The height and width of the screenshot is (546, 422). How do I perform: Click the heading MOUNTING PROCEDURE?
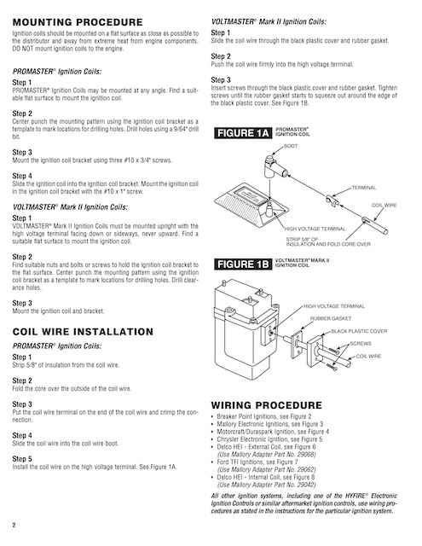click(x=78, y=22)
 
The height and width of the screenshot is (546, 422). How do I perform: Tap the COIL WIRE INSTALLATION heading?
click(x=83, y=332)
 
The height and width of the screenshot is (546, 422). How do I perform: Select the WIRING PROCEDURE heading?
click(x=267, y=405)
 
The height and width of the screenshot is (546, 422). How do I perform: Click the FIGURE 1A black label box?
click(x=243, y=133)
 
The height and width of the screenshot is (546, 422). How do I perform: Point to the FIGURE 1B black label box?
click(x=242, y=264)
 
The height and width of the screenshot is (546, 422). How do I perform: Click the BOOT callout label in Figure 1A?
click(x=291, y=146)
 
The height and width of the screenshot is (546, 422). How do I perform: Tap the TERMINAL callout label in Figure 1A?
click(x=364, y=188)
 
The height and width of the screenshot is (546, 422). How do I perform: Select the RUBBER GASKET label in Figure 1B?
click(x=331, y=318)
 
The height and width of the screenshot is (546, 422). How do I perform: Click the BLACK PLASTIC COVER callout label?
click(x=359, y=331)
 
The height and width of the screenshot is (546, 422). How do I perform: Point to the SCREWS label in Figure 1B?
click(x=361, y=343)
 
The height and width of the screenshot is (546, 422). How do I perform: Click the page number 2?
click(x=14, y=525)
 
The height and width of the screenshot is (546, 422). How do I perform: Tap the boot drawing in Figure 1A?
click(x=275, y=166)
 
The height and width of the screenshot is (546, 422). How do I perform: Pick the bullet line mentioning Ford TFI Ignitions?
click(x=255, y=462)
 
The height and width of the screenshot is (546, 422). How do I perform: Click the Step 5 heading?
click(x=22, y=459)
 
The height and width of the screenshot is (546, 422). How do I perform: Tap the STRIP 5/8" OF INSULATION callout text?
click(x=328, y=241)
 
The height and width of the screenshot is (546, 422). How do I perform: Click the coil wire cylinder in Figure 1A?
click(x=374, y=225)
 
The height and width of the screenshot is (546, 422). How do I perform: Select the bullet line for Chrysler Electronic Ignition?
click(x=267, y=439)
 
